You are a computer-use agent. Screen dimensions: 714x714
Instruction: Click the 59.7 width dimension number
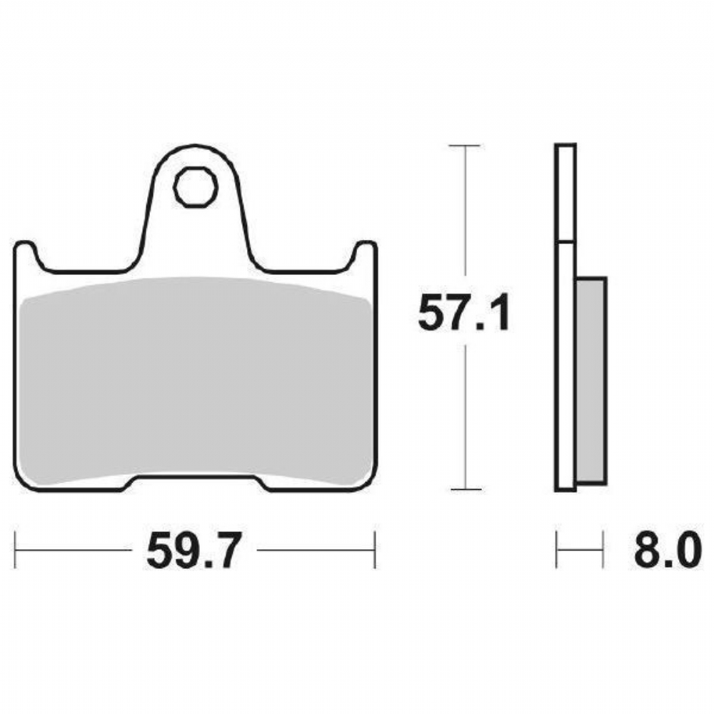coord(193,550)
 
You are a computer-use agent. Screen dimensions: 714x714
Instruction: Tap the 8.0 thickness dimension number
coord(665,549)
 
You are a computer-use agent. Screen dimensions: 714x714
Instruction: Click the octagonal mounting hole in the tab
coord(196,187)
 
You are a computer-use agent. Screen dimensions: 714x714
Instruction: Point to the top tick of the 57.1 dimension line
coord(465,145)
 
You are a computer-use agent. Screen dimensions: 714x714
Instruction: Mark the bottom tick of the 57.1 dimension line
coord(466,489)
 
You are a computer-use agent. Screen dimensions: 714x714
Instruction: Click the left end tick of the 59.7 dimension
coord(16,550)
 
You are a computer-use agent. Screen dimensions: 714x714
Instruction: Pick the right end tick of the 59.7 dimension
coord(375,550)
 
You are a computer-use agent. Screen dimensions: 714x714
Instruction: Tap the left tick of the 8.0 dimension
coord(556,549)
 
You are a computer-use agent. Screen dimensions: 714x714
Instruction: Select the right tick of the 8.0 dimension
coord(603,549)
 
